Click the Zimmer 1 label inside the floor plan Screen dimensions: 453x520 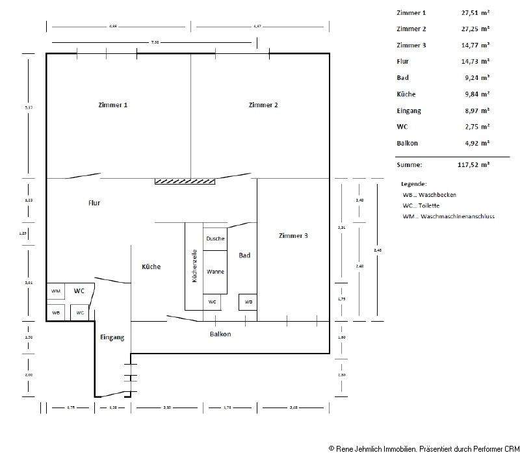[112, 105]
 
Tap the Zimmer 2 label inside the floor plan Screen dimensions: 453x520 [263, 105]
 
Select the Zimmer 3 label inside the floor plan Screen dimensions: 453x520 [293, 235]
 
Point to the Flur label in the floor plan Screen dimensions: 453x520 [94, 203]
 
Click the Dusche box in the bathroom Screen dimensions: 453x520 [215, 239]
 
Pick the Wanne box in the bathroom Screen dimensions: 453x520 [215, 272]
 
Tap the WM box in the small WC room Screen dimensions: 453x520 [56, 291]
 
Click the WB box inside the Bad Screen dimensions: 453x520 [248, 302]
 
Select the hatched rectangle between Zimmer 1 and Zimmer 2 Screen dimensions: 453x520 [185, 181]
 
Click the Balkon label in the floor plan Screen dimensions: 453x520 [220, 334]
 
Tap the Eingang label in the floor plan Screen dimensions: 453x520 [112, 337]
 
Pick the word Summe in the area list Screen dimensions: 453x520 [409, 165]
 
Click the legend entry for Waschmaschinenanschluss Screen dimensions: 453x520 [448, 216]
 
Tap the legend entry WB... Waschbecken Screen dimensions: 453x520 [429, 194]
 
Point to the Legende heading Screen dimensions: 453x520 [413, 184]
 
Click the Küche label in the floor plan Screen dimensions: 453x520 [151, 267]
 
